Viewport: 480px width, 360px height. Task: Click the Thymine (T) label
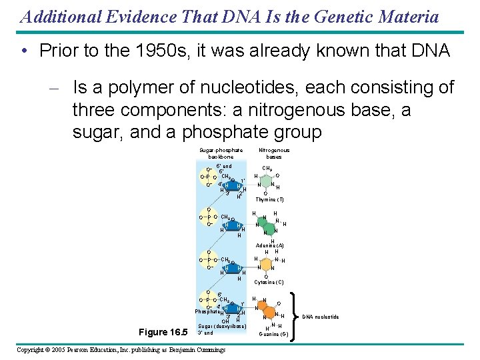pyautogui.click(x=269, y=199)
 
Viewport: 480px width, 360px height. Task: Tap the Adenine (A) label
pyautogui.click(x=270, y=246)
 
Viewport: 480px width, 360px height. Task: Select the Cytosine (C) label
pyautogui.click(x=269, y=282)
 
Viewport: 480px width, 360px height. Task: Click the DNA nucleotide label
pyautogui.click(x=321, y=317)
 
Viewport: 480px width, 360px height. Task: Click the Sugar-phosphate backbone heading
pyautogui.click(x=221, y=153)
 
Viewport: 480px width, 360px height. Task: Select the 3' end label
pyautogui.click(x=205, y=333)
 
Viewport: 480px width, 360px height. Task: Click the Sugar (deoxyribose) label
pyautogui.click(x=223, y=326)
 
